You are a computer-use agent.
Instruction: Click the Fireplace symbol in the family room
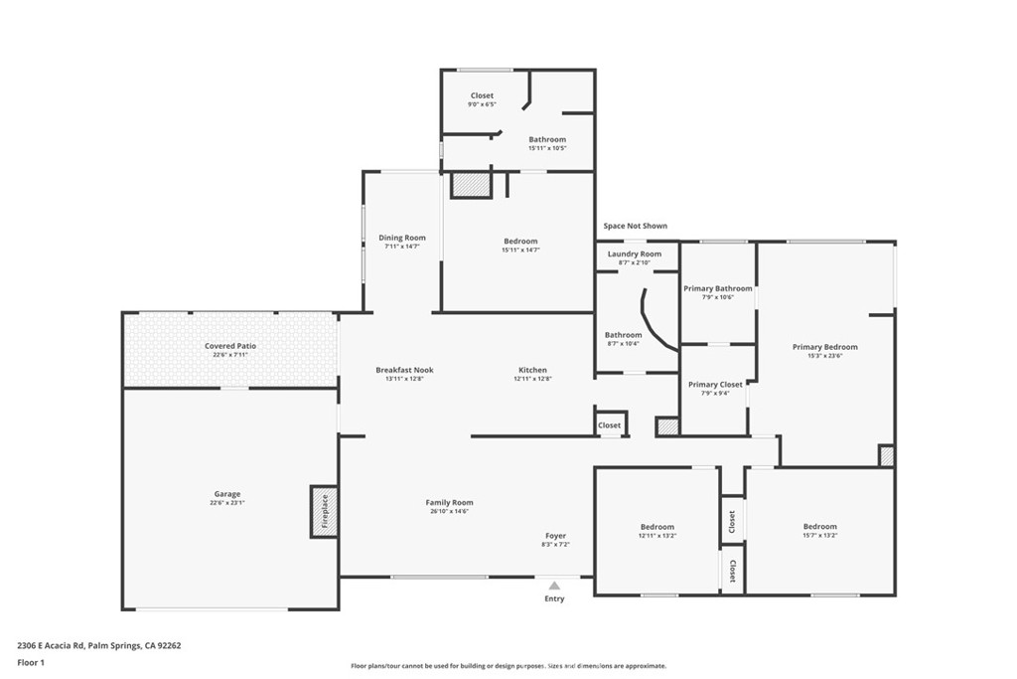pos(324,512)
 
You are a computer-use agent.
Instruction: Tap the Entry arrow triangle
pos(554,586)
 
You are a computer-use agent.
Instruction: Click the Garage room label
pos(227,494)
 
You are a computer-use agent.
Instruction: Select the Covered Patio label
pos(230,346)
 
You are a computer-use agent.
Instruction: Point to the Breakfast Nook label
pos(404,370)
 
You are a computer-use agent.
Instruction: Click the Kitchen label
pos(532,370)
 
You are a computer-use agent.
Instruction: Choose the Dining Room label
pos(402,238)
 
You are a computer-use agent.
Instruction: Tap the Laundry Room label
pos(635,254)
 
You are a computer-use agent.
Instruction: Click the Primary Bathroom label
pos(718,288)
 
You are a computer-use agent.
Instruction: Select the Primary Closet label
pos(715,384)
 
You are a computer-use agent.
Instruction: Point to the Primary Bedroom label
pos(824,347)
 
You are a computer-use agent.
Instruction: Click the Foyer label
pos(555,536)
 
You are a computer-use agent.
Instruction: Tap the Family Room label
pos(449,502)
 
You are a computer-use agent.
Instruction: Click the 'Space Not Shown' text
pos(636,226)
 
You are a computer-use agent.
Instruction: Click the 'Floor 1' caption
pos(32,661)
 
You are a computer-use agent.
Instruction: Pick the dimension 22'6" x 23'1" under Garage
pos(227,503)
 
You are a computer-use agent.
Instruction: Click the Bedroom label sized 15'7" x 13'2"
pos(819,526)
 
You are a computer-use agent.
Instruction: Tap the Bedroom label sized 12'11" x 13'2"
pos(656,526)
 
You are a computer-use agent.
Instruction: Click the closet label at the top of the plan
pos(482,95)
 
